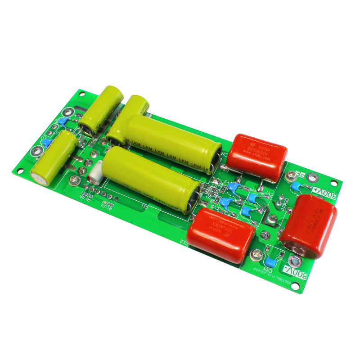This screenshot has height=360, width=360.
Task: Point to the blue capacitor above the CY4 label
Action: pos(270,261)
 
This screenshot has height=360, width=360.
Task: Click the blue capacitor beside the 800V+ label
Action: pos(296,187)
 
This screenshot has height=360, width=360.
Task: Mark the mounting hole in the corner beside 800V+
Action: pos(334,183)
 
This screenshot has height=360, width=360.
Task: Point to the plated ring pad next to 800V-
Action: pos(295,261)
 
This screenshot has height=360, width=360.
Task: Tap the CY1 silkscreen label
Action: pos(268,194)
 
